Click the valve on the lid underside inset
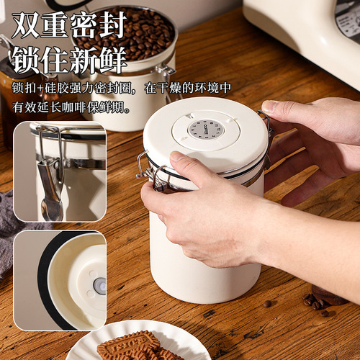coord(99,286)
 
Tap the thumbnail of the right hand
coord(270,107)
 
